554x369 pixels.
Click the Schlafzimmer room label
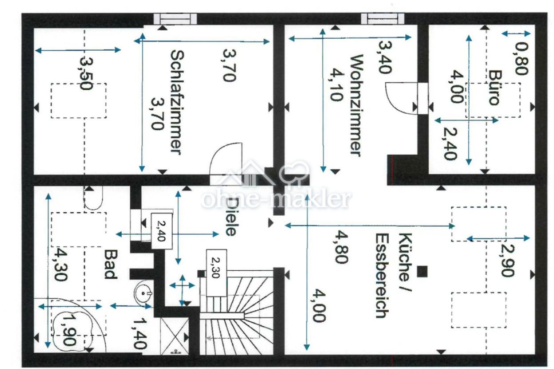click(x=176, y=102)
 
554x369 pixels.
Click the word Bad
click(x=110, y=264)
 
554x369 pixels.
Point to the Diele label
click(x=230, y=216)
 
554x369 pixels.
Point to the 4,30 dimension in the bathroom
click(x=60, y=265)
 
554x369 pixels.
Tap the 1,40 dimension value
click(x=139, y=331)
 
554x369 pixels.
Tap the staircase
click(x=235, y=311)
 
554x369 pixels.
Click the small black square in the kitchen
click(x=423, y=271)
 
